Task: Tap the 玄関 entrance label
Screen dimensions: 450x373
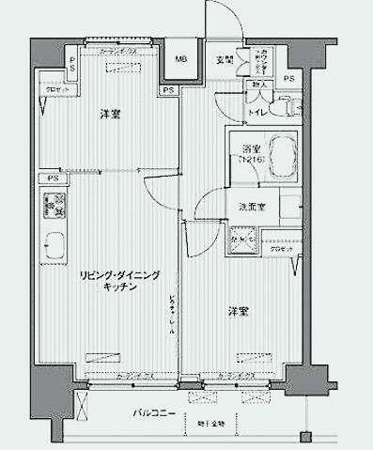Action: coord(225,61)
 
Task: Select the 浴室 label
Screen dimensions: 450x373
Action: coord(250,147)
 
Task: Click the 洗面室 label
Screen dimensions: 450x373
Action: coord(249,207)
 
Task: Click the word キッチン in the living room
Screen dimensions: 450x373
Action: coord(121,287)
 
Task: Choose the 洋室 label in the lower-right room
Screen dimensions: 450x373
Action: coord(237,311)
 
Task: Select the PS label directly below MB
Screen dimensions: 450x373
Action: coord(167,90)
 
